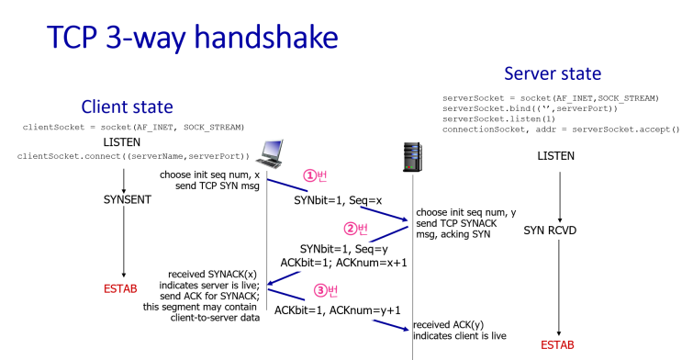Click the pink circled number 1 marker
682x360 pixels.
314,176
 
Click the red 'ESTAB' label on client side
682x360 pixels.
122,290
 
